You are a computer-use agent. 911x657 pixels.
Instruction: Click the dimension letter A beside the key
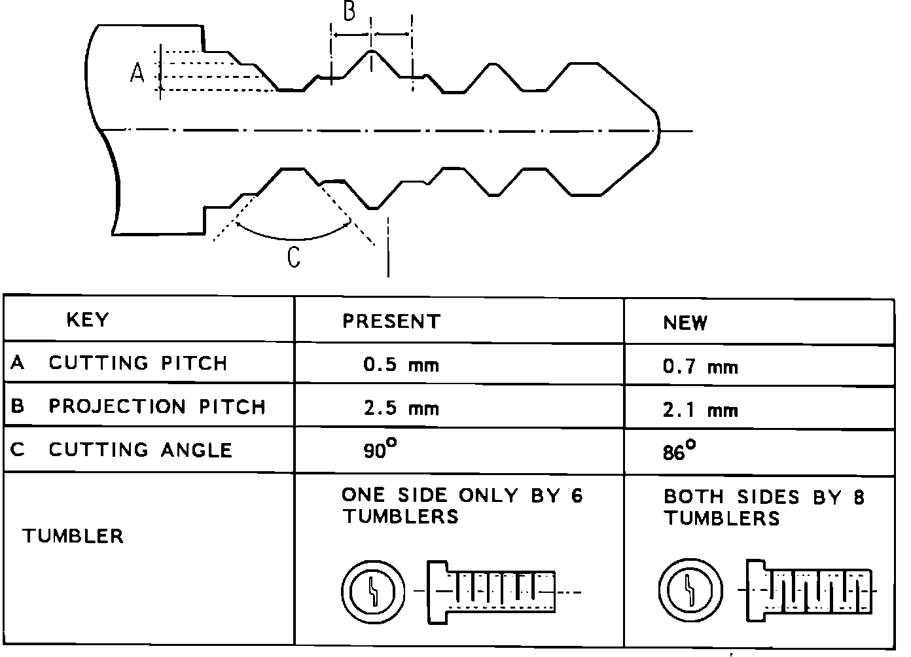(137, 73)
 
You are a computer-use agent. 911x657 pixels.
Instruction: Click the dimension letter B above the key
(349, 11)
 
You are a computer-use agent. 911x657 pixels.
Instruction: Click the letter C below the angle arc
(294, 257)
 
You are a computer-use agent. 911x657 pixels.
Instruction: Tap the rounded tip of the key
(656, 130)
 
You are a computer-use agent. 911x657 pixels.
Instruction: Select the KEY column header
(88, 320)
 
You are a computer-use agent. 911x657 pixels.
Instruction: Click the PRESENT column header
(391, 321)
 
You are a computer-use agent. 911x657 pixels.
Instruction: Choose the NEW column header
(685, 323)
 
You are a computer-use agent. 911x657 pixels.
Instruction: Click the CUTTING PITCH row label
(137, 363)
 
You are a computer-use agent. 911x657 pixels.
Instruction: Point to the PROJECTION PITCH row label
(157, 406)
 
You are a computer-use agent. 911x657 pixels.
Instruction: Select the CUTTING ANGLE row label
(140, 450)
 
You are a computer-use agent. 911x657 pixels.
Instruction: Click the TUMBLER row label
(73, 537)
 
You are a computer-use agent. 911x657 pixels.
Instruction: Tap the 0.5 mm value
(401, 364)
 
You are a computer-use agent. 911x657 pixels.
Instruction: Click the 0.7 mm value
(700, 366)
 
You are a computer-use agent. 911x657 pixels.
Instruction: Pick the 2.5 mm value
(401, 408)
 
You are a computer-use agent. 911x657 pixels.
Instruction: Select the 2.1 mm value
(700, 410)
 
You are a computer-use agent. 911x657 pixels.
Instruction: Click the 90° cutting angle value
(380, 450)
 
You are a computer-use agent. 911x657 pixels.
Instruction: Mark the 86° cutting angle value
(679, 452)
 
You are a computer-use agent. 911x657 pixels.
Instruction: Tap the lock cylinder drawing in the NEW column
(809, 592)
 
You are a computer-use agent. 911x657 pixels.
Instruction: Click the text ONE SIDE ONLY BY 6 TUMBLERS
(461, 506)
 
